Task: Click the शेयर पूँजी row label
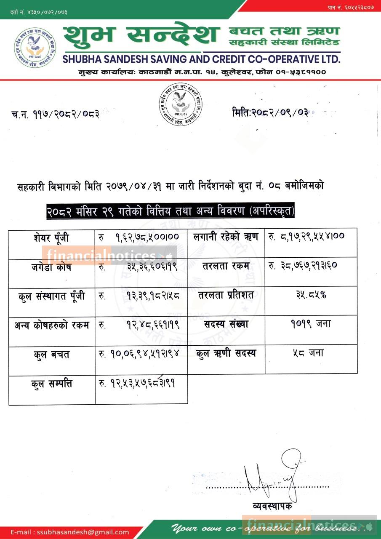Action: pyautogui.click(x=51, y=238)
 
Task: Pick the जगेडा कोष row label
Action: pyautogui.click(x=51, y=267)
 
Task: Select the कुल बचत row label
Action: pyautogui.click(x=51, y=355)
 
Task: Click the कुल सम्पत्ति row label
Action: pyautogui.click(x=51, y=384)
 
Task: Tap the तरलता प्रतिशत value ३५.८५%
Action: pyautogui.click(x=311, y=295)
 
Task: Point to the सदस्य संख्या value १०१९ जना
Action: pyautogui.click(x=311, y=324)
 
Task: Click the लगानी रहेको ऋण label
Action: pyautogui.click(x=226, y=237)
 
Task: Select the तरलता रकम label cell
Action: pyautogui.click(x=226, y=266)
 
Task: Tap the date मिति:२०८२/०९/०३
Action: pyautogui.click(x=270, y=112)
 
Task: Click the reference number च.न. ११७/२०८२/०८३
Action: pyautogui.click(x=55, y=114)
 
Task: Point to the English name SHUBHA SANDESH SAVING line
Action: pyautogui.click(x=201, y=59)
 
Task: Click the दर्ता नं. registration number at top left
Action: pyautogui.click(x=39, y=12)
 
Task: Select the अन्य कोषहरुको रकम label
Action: pyautogui.click(x=51, y=325)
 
